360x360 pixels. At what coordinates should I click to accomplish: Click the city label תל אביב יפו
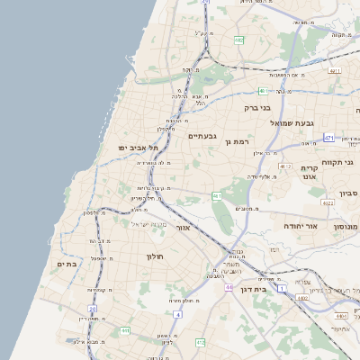(137, 147)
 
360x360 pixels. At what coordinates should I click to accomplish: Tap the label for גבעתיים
(202, 137)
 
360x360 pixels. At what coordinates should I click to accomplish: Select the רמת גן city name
(238, 141)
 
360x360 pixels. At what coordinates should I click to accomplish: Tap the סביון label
(349, 193)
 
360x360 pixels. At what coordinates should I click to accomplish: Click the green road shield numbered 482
(238, 40)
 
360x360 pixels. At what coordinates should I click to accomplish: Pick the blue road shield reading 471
(329, 138)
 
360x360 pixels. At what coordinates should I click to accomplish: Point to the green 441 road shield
(125, 331)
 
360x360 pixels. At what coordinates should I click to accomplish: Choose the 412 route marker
(200, 343)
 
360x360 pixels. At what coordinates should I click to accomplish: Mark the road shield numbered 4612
(286, 166)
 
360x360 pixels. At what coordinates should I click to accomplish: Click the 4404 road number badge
(341, 317)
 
